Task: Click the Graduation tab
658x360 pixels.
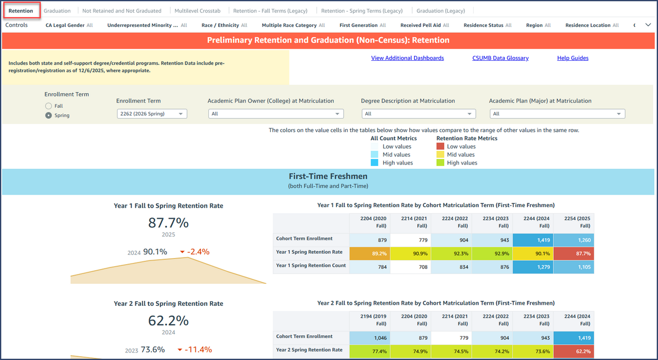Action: (x=57, y=11)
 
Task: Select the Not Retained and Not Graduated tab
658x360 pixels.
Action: (x=122, y=11)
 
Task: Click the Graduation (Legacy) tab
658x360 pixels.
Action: (x=440, y=11)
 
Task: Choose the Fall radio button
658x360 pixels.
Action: (x=49, y=106)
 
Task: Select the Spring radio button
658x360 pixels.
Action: (x=49, y=116)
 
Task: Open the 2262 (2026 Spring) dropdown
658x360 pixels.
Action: (x=152, y=114)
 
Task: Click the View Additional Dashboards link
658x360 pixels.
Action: (x=407, y=58)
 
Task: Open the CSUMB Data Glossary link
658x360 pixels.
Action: (x=500, y=58)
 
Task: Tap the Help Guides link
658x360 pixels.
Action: (x=572, y=58)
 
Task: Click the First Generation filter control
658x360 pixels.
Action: (x=362, y=25)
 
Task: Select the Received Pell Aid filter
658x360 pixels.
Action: (x=424, y=25)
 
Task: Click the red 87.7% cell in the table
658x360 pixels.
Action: (x=574, y=253)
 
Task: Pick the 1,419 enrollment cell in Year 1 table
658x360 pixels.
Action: (x=533, y=240)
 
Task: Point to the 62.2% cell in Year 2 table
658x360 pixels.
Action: (x=574, y=350)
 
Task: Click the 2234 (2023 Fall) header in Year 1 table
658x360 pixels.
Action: (x=492, y=222)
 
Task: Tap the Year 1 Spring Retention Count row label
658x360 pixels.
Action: (x=311, y=266)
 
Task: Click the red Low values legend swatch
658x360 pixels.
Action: (x=440, y=146)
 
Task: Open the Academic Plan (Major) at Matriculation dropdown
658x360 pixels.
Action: (x=557, y=114)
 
